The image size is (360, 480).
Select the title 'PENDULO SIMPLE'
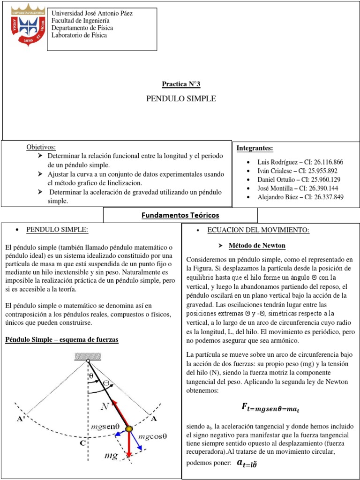[181, 99]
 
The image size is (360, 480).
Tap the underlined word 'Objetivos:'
[41, 147]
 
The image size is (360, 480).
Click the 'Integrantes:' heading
[255, 148]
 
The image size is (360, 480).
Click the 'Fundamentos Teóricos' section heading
[180, 215]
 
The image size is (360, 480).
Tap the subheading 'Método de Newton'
[256, 246]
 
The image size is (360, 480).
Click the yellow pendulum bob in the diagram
[129, 428]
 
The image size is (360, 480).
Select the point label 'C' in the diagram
[82, 442]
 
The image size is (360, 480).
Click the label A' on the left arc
[21, 419]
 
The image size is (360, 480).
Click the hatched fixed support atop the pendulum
[88, 357]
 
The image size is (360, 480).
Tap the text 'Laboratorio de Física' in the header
[79, 35]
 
